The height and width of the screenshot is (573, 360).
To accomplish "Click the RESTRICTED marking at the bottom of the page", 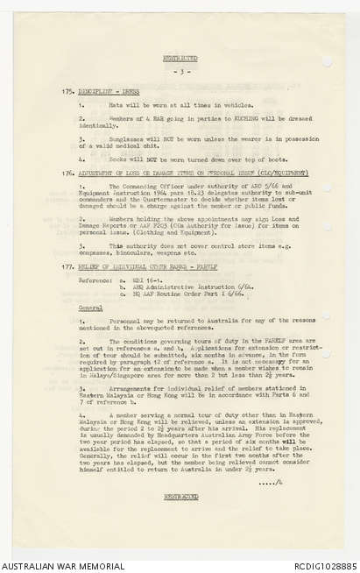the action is click(180, 496).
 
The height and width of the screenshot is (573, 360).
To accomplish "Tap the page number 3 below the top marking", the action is click(180, 71).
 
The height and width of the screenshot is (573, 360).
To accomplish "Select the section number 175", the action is click(67, 91).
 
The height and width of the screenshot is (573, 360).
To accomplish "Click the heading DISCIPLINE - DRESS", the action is click(106, 91).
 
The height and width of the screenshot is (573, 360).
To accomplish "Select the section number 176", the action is click(67, 173).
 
